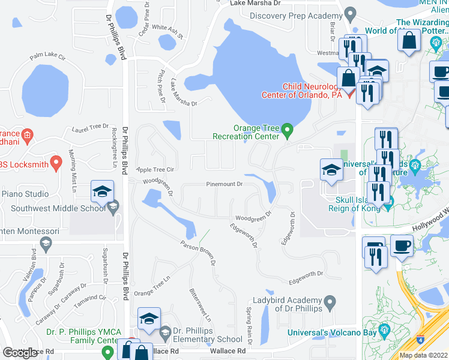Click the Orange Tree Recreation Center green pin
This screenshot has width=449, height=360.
pos(288,130)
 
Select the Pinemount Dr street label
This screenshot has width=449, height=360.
pos(224,185)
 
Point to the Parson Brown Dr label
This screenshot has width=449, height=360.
pos(197,253)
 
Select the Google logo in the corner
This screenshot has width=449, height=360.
pos(20,353)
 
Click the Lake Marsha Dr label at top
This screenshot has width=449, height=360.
pos(256,4)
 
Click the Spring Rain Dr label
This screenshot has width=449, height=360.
pos(247,325)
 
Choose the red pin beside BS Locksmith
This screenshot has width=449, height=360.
pos(56,161)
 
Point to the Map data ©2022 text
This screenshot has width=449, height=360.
pos(423,355)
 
